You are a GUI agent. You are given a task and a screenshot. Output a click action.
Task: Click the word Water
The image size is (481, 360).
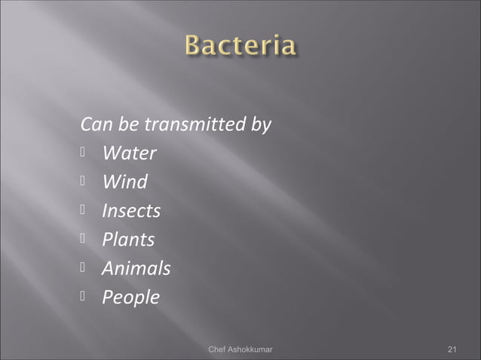129,154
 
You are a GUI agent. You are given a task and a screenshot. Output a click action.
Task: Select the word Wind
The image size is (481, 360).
124,182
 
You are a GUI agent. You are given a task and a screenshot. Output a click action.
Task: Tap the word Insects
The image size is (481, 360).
131,211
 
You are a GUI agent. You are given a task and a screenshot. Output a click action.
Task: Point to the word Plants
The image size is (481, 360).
128,239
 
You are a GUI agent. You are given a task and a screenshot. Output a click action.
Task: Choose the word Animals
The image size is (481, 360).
136,268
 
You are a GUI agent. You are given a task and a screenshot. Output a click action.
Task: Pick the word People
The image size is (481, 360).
130,297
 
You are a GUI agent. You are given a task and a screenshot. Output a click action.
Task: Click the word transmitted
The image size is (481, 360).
195,124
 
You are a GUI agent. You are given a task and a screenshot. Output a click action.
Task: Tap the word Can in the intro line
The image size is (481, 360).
94,124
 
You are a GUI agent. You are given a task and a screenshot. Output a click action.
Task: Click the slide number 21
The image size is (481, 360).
452,349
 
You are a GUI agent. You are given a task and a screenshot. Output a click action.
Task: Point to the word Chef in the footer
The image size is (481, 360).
217,349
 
